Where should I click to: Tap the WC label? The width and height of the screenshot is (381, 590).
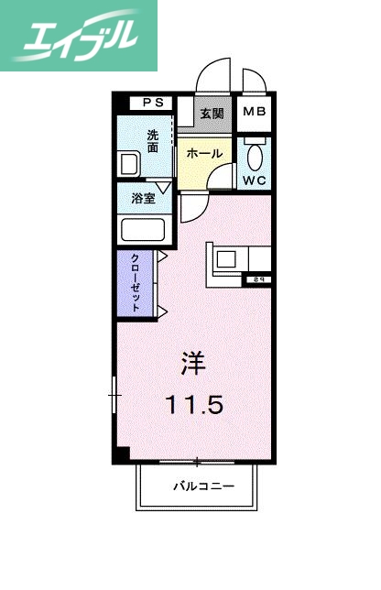point(254,180)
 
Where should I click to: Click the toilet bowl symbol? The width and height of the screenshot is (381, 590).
point(254,152)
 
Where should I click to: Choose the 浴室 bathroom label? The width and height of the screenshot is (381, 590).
point(141,197)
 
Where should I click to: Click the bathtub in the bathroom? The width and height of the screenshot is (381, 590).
point(141,230)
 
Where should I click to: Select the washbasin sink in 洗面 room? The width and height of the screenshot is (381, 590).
point(128,166)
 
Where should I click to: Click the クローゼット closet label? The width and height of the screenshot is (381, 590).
point(136,282)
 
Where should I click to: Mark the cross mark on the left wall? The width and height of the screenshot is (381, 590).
point(114,396)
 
